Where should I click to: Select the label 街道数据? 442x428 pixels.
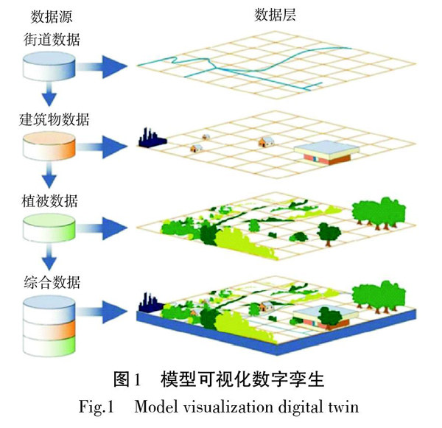click(52, 38)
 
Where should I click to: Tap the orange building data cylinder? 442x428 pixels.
click(49, 148)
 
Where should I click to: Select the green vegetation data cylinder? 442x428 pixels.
click(49, 230)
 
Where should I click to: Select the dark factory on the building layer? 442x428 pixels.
click(150, 138)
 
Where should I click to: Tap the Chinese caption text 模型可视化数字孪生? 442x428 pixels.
click(242, 380)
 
